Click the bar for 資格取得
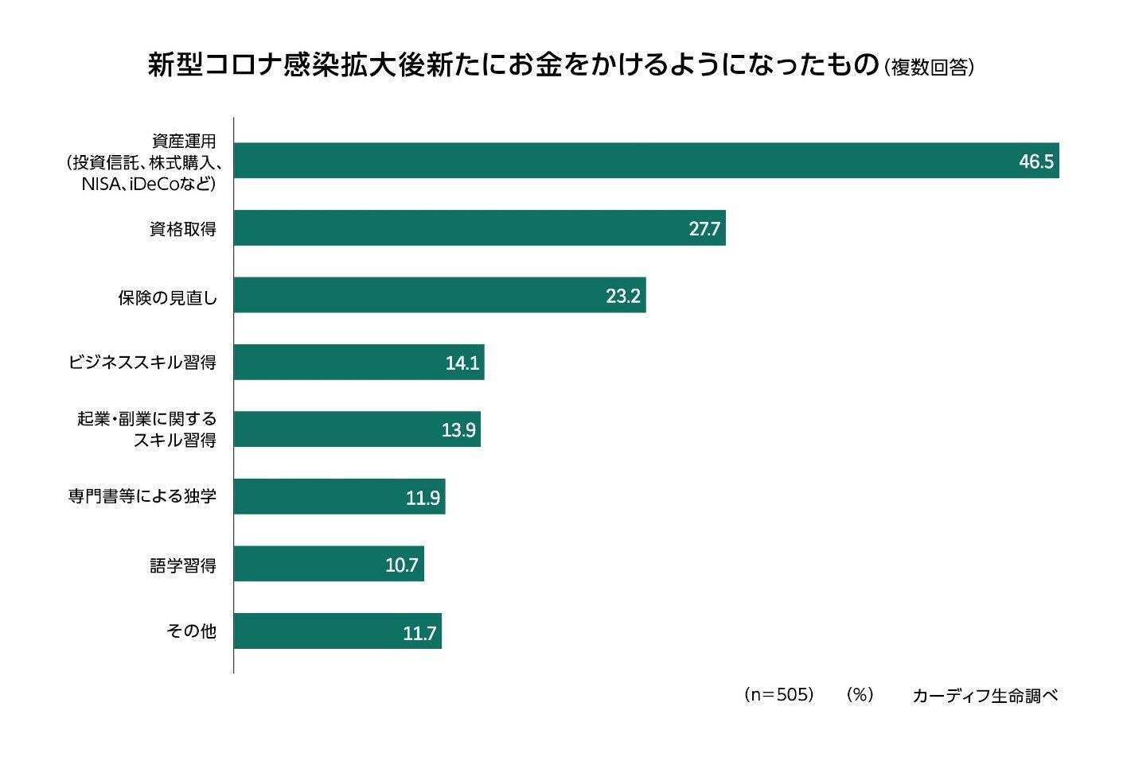pyautogui.click(x=479, y=228)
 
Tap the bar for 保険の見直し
pyautogui.click(x=439, y=296)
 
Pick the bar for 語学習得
pyautogui.click(x=329, y=565)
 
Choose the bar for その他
pyautogui.click(x=337, y=632)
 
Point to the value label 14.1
pyautogui.click(x=462, y=363)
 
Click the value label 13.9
pyautogui.click(x=458, y=431)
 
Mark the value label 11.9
pyautogui.click(x=423, y=499)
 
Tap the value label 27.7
pyautogui.click(x=704, y=230)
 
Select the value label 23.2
pyautogui.click(x=623, y=297)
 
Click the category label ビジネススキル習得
pyautogui.click(x=142, y=363)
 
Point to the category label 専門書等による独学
pyautogui.click(x=142, y=498)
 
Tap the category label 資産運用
pyautogui.click(x=184, y=142)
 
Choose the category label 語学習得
pyautogui.click(x=183, y=565)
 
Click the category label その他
pyautogui.click(x=191, y=632)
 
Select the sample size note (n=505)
pyautogui.click(x=778, y=695)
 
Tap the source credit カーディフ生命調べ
pyautogui.click(x=985, y=696)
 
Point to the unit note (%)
pyautogui.click(x=860, y=695)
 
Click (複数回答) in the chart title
pyautogui.click(x=929, y=68)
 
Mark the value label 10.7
pyautogui.click(x=402, y=566)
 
